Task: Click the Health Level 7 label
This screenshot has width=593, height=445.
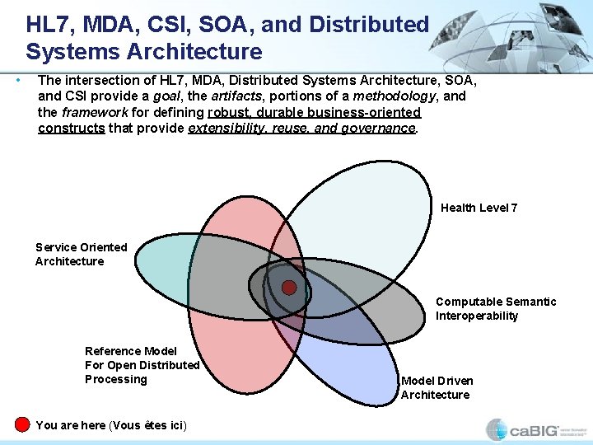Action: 479,208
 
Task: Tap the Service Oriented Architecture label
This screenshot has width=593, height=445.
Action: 81,254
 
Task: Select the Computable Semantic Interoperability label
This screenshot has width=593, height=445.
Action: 495,308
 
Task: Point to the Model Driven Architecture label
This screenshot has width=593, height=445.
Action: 437,387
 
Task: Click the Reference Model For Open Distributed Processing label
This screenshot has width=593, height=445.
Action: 142,365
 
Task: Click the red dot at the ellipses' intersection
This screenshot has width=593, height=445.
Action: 289,287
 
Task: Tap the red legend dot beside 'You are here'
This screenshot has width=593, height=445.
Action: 22,424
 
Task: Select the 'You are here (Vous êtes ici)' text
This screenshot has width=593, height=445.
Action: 111,425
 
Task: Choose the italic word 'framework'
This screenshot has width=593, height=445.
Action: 94,112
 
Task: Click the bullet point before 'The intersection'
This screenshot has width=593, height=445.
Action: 18,80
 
